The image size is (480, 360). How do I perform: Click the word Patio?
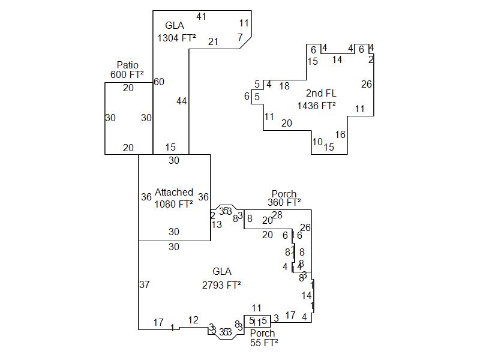click(127, 65)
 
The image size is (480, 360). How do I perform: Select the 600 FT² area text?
click(127, 74)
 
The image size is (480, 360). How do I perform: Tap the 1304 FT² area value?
click(176, 37)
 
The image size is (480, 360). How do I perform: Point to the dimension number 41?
click(201, 16)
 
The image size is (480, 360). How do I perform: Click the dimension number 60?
click(159, 82)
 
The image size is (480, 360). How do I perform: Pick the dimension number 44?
click(182, 101)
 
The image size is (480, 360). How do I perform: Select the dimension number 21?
click(213, 41)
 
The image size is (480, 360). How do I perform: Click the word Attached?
click(174, 192)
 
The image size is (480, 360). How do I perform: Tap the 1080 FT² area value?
click(174, 203)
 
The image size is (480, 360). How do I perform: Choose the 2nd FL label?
click(321, 93)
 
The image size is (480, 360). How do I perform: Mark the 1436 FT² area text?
click(316, 106)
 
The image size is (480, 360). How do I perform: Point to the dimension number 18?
click(284, 86)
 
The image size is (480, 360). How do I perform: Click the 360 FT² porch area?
click(284, 203)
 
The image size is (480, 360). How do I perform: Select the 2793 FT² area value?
click(221, 285)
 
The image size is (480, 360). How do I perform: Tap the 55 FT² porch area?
click(264, 343)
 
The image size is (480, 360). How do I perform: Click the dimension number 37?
click(145, 284)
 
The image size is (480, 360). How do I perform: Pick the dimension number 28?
click(277, 215)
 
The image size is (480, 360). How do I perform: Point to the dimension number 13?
click(217, 224)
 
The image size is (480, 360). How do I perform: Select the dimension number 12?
click(193, 320)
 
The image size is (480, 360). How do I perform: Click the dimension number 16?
click(340, 134)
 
